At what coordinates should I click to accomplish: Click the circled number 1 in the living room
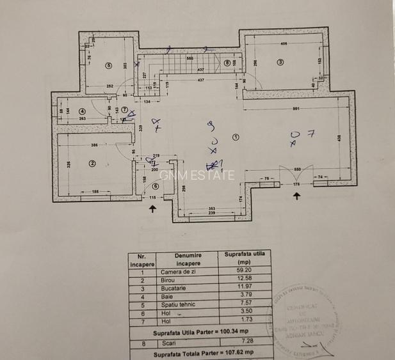[x=236, y=137]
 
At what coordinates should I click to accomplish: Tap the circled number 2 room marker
[x=92, y=163]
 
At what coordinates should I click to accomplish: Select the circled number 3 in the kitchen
[x=280, y=62]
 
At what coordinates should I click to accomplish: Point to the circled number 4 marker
[x=82, y=111]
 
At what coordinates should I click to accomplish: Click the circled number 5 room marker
[x=109, y=65]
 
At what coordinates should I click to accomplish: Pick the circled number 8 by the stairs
[x=227, y=63]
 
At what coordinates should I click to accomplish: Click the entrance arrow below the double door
[x=296, y=196]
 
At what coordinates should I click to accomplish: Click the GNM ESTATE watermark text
[x=197, y=175]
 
